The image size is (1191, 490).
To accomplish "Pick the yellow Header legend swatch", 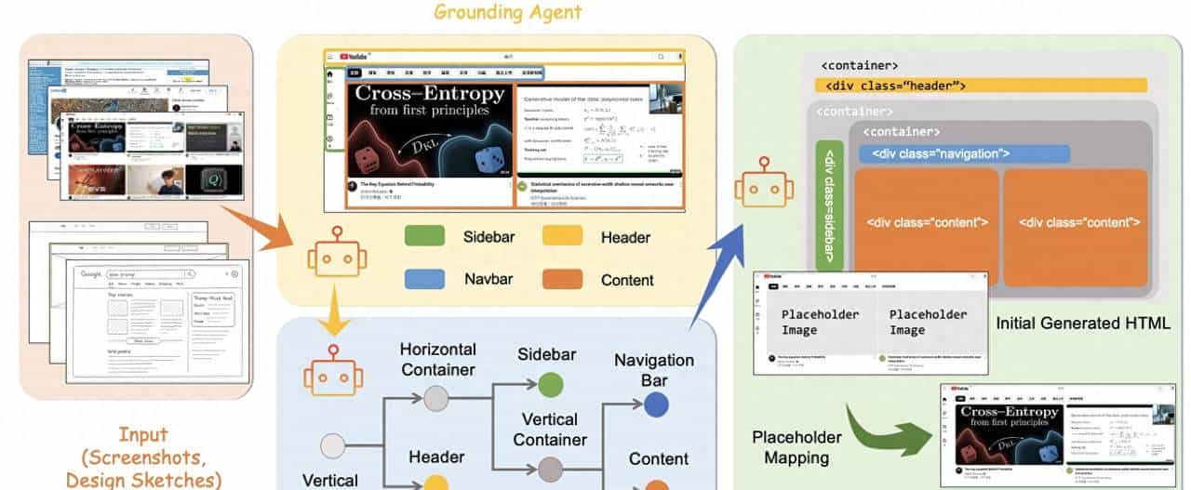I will pyautogui.click(x=563, y=235).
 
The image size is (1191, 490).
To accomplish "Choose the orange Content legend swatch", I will pyautogui.click(x=563, y=278).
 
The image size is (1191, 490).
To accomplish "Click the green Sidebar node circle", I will pyautogui.click(x=551, y=384).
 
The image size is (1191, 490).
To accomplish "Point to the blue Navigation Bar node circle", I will pyautogui.click(x=656, y=404).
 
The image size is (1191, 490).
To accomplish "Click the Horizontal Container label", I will pyautogui.click(x=437, y=360).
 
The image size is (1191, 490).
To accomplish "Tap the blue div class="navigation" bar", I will pyautogui.click(x=963, y=153).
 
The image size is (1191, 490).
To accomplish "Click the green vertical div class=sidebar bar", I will pyautogui.click(x=828, y=205).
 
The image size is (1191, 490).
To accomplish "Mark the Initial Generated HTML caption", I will pyautogui.click(x=1082, y=324).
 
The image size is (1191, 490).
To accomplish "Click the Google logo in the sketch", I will pyautogui.click(x=90, y=274).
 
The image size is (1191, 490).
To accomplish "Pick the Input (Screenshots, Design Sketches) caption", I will pyautogui.click(x=143, y=457).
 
